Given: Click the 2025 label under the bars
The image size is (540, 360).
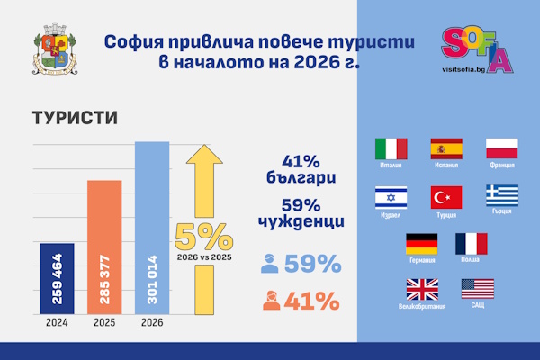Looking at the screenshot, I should coord(104,324).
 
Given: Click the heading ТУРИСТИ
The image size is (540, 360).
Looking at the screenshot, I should coord(74,119).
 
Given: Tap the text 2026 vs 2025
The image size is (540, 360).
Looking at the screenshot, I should coord(202,256).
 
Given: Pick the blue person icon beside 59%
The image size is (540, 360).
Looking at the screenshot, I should coord(270,265).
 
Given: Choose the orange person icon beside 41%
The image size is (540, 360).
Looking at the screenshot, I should coord(270,301).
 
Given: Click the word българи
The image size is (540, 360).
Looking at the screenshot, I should coord(301,179).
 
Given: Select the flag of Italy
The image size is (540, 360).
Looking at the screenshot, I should coord(390,148).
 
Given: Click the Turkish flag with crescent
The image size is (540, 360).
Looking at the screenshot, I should coord(445,196).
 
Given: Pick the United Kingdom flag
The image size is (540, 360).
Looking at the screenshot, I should coord(422,289).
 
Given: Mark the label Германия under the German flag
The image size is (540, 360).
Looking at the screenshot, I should coord(421,260).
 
